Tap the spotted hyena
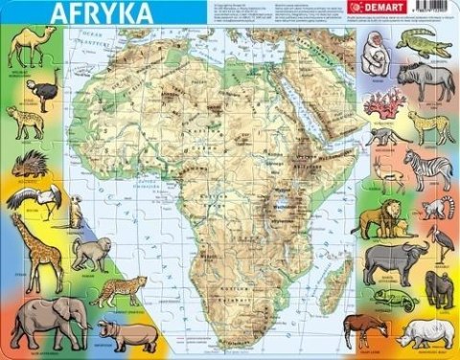26,123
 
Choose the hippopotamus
127,334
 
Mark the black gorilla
439,289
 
